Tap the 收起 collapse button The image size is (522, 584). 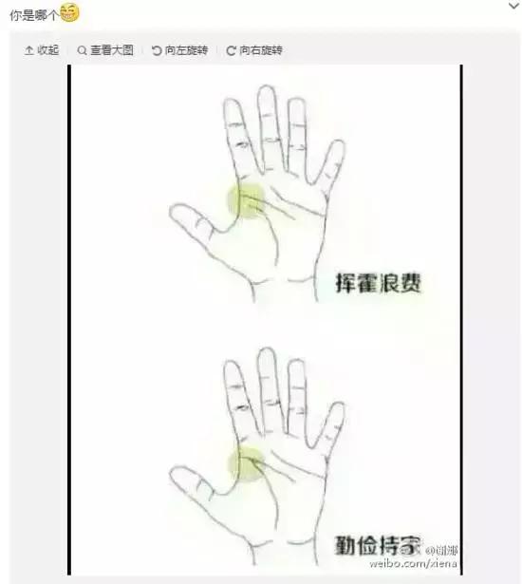[x=42, y=50]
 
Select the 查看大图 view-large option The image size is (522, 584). [x=105, y=50]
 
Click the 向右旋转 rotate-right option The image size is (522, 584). [x=254, y=50]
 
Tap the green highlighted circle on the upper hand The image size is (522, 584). [x=245, y=199]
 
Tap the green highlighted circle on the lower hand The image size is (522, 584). [x=247, y=462]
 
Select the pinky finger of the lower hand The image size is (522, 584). [x=331, y=426]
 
